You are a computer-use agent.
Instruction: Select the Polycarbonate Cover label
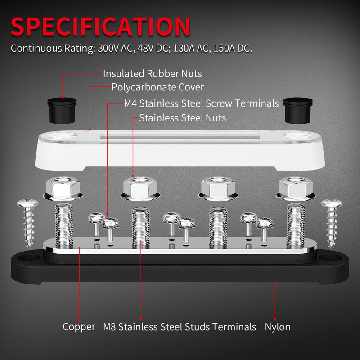(x=157, y=87)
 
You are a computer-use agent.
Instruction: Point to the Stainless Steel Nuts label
(x=183, y=118)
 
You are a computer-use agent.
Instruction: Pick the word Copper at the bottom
(x=79, y=327)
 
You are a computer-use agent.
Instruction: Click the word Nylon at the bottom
(x=277, y=327)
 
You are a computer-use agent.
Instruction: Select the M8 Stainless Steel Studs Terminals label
(x=180, y=327)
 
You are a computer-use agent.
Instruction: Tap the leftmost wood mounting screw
(x=27, y=220)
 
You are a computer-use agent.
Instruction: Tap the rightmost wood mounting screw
(x=332, y=220)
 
